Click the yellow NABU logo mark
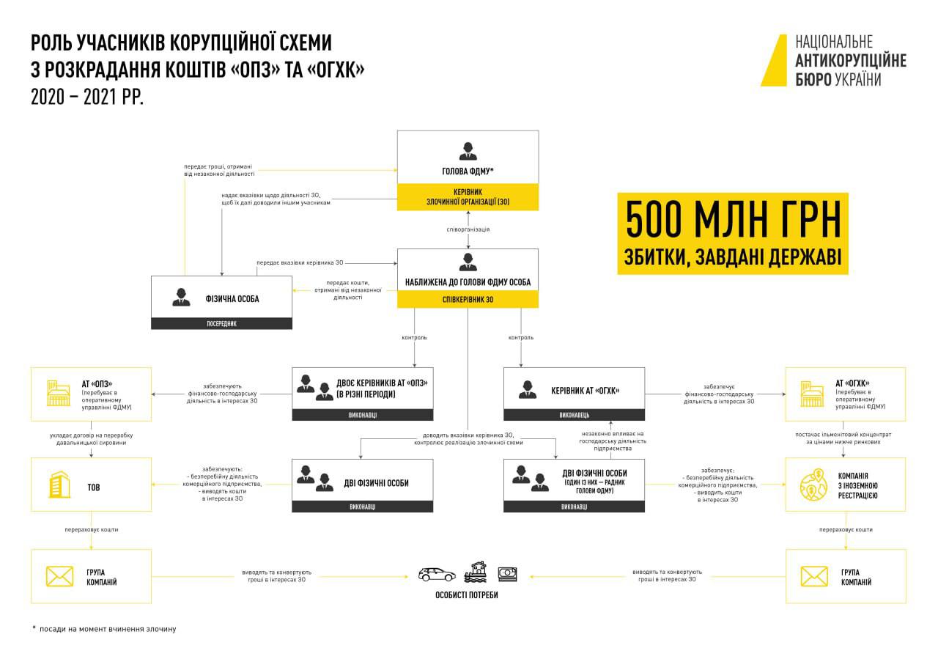[774, 60]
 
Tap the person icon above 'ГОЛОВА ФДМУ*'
[468, 152]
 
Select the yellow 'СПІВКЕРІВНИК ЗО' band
[468, 299]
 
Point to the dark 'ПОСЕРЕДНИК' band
[221, 323]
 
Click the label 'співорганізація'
[468, 229]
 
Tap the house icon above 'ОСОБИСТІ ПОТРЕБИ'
[477, 571]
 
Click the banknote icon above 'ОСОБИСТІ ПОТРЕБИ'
[507, 573]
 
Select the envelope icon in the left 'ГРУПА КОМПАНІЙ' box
[59, 576]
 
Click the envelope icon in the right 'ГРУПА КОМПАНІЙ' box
[813, 576]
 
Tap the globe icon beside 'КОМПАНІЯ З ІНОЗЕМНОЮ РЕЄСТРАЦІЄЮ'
[813, 485]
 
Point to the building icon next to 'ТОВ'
[59, 485]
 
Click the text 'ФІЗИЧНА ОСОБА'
[232, 299]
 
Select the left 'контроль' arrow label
[415, 338]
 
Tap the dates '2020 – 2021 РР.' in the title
[86, 98]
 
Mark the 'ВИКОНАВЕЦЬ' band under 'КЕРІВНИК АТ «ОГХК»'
[574, 415]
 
